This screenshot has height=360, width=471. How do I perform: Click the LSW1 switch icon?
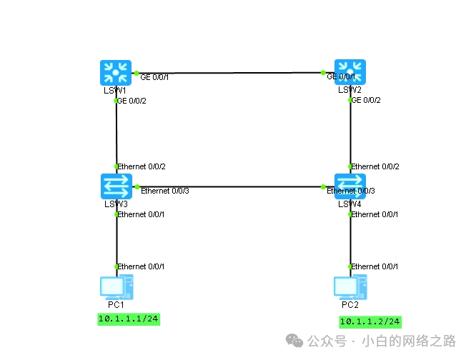coord(116,72)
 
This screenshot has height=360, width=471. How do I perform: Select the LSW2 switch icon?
coord(350,72)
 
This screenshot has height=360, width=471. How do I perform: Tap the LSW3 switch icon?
coord(116,186)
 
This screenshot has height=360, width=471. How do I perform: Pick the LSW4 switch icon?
coord(350,186)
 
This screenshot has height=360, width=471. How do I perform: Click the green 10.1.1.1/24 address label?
coord(129,319)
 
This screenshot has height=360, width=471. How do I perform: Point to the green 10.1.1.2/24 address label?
coord(370,321)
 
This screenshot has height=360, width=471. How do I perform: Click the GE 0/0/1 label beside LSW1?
coord(154,77)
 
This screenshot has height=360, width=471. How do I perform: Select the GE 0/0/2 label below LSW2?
coord(366,100)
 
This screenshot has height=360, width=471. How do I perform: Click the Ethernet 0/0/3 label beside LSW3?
coord(165,191)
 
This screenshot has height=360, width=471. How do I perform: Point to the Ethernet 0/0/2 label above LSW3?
coord(142,166)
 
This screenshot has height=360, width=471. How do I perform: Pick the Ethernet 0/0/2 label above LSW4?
coord(375,166)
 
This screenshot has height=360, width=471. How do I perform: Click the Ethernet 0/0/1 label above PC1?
coord(142,266)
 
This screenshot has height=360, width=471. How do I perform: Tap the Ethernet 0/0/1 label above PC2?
coord(375,266)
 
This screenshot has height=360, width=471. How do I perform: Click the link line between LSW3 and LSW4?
coord(236,186)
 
